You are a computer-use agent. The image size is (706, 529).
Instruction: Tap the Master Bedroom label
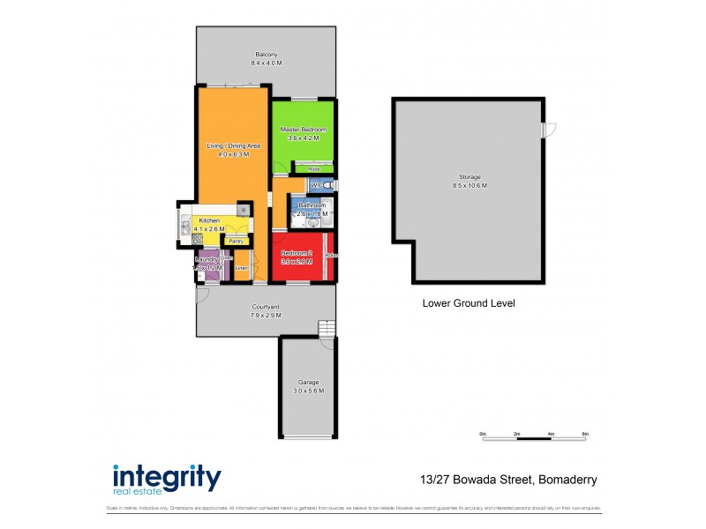pos(304,130)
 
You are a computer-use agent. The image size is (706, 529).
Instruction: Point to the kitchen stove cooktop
pos(198,239)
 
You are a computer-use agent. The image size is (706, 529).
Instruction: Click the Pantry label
pos(236,241)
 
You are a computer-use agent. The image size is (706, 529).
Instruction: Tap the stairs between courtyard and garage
pos(327,329)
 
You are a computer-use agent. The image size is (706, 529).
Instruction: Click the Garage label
pos(308,384)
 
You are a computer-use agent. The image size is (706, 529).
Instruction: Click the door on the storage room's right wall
pos(549,130)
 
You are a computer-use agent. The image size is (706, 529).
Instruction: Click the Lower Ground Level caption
pos(469,303)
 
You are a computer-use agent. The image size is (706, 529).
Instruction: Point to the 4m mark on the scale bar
pos(551,435)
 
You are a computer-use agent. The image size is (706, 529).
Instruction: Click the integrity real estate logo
pos(167,479)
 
